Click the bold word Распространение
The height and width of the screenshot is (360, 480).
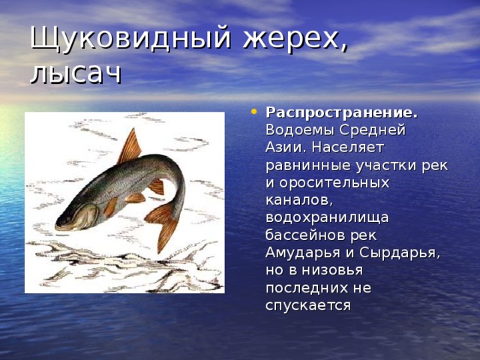click(x=342, y=112)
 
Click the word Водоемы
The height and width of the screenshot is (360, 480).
click(x=299, y=130)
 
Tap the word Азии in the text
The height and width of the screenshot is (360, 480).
click(x=285, y=147)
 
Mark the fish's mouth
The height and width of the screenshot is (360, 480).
click(x=60, y=222)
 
